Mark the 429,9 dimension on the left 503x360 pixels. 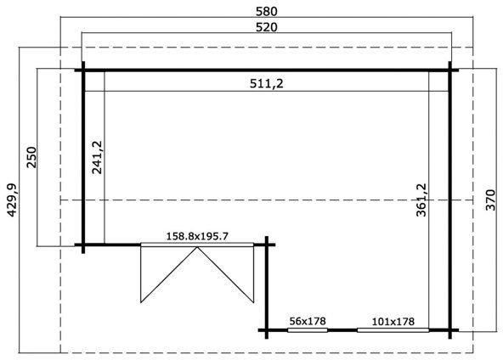[10, 200]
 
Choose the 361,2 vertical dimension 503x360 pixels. [422, 200]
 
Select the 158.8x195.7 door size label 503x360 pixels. [197, 236]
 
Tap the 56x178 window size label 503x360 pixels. [307, 320]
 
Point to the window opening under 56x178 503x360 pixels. [307, 329]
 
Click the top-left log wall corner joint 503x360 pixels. [84, 70]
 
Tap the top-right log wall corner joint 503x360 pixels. [449, 70]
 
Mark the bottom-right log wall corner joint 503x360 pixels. [449, 329]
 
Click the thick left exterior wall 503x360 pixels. [84, 157]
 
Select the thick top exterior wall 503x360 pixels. [267, 70]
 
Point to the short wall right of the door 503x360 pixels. [267, 284]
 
